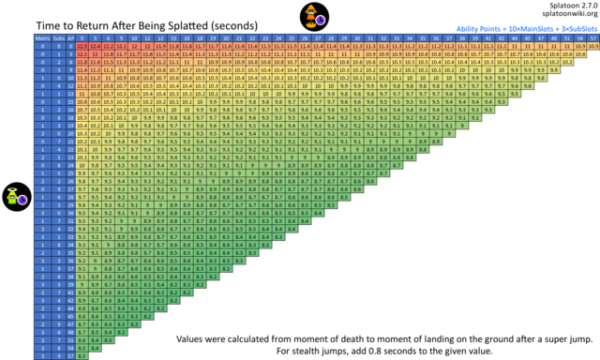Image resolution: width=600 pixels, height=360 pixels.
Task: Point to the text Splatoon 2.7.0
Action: (x=567, y=7)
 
